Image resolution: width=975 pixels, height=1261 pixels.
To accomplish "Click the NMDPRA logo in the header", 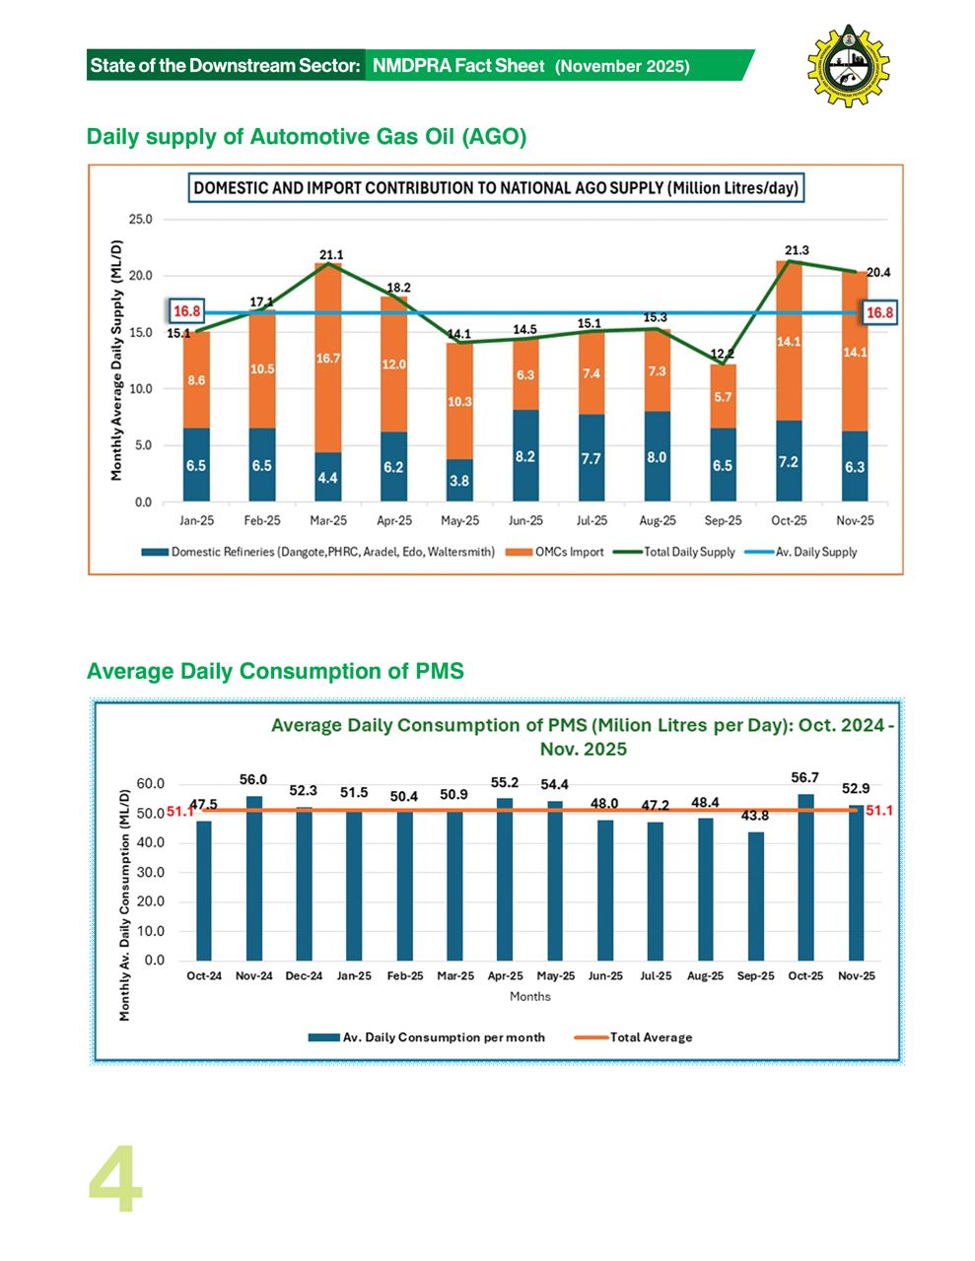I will pos(848,65).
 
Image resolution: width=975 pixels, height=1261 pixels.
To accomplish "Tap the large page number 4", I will pos(115,1179).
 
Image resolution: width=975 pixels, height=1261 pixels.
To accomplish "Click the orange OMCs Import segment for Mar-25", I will pos(328,358).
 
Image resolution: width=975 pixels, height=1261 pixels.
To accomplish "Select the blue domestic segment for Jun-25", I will pos(525,456).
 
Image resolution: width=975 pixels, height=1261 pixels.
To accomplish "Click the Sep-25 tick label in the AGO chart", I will pos(723,520).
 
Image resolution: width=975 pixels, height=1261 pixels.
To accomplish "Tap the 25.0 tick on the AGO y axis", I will pos(142,219).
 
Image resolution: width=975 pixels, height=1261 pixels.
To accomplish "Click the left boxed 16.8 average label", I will pos(187,311).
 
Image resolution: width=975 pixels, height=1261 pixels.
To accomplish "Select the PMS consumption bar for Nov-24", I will pos(254,878).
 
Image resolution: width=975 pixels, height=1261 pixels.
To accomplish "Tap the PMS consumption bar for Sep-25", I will pos(755,896).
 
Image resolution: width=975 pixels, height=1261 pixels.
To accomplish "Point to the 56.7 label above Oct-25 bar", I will pos(804,777).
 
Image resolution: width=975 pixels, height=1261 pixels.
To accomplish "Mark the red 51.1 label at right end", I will pos(879,810).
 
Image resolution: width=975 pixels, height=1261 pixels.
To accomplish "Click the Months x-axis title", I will pos(530,996).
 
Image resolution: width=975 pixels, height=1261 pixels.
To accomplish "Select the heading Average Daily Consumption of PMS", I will pos(275,671).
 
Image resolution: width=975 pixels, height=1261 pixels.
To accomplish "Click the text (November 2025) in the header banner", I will pos(622,67).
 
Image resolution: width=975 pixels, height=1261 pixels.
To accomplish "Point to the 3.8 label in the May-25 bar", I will pos(459,481).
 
